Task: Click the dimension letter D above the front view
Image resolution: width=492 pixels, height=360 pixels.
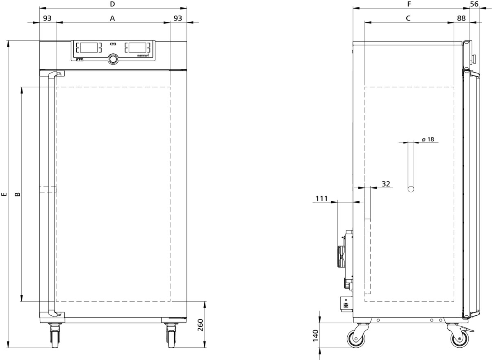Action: pos(112,4)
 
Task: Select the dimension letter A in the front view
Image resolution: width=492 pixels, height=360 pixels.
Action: pos(112,18)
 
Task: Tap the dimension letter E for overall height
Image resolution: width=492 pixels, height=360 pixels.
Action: pos(4,194)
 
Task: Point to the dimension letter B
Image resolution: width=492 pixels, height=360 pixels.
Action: pos(17,194)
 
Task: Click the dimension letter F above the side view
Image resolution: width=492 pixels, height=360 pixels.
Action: pos(409,4)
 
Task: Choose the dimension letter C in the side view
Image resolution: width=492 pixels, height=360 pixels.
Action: pos(408,18)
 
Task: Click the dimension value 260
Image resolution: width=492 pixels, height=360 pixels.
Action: pos(200,325)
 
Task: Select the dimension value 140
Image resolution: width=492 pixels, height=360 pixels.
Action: pos(315,336)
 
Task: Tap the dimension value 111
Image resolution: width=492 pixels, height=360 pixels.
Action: pos(321,198)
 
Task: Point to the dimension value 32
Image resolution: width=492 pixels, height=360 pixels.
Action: pos(386,184)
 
